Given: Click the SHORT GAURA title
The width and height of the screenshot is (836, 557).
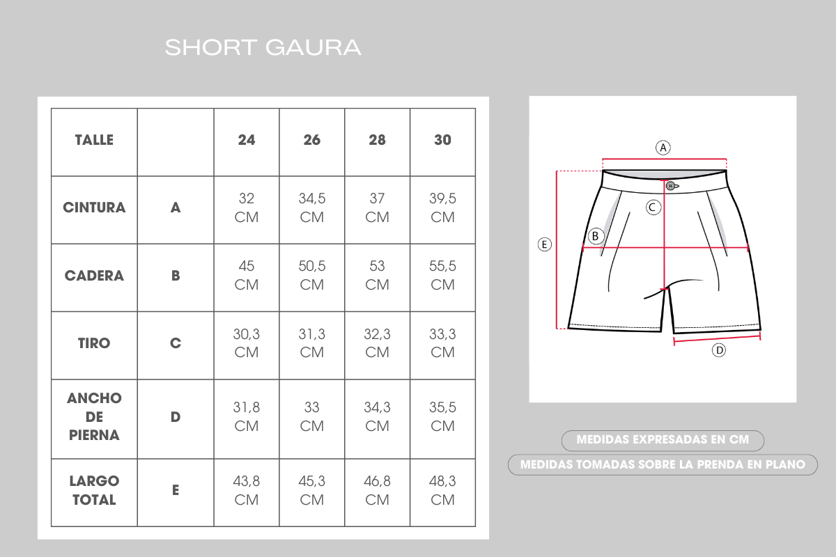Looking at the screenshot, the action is [263, 48].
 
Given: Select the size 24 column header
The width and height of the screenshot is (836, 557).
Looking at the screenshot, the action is [247, 140].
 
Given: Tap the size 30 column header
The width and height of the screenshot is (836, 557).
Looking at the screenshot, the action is [442, 140].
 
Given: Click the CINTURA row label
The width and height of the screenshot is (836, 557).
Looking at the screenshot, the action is [94, 207].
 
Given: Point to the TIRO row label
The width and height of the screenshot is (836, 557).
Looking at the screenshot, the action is [94, 343].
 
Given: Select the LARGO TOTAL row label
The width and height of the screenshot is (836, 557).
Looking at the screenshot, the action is [94, 490].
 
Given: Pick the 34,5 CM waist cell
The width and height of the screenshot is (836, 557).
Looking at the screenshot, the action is [312, 207].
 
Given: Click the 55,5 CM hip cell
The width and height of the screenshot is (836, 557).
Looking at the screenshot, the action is [442, 275].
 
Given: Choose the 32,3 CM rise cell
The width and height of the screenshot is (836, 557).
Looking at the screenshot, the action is [378, 343].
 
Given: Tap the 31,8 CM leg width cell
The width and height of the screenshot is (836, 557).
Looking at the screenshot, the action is [247, 416].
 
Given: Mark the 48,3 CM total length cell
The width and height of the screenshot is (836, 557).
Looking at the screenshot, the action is [442, 490].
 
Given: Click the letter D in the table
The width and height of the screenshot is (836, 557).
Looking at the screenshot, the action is [176, 417].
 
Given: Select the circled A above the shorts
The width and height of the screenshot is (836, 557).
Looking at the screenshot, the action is [663, 148].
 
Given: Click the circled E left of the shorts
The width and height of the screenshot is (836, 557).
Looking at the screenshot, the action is [545, 244].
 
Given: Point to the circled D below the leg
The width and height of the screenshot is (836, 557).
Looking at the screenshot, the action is [719, 350].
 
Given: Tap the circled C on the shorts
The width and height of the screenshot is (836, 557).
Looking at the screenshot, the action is [653, 207].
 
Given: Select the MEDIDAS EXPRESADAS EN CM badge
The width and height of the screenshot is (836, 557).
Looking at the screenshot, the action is [663, 440].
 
